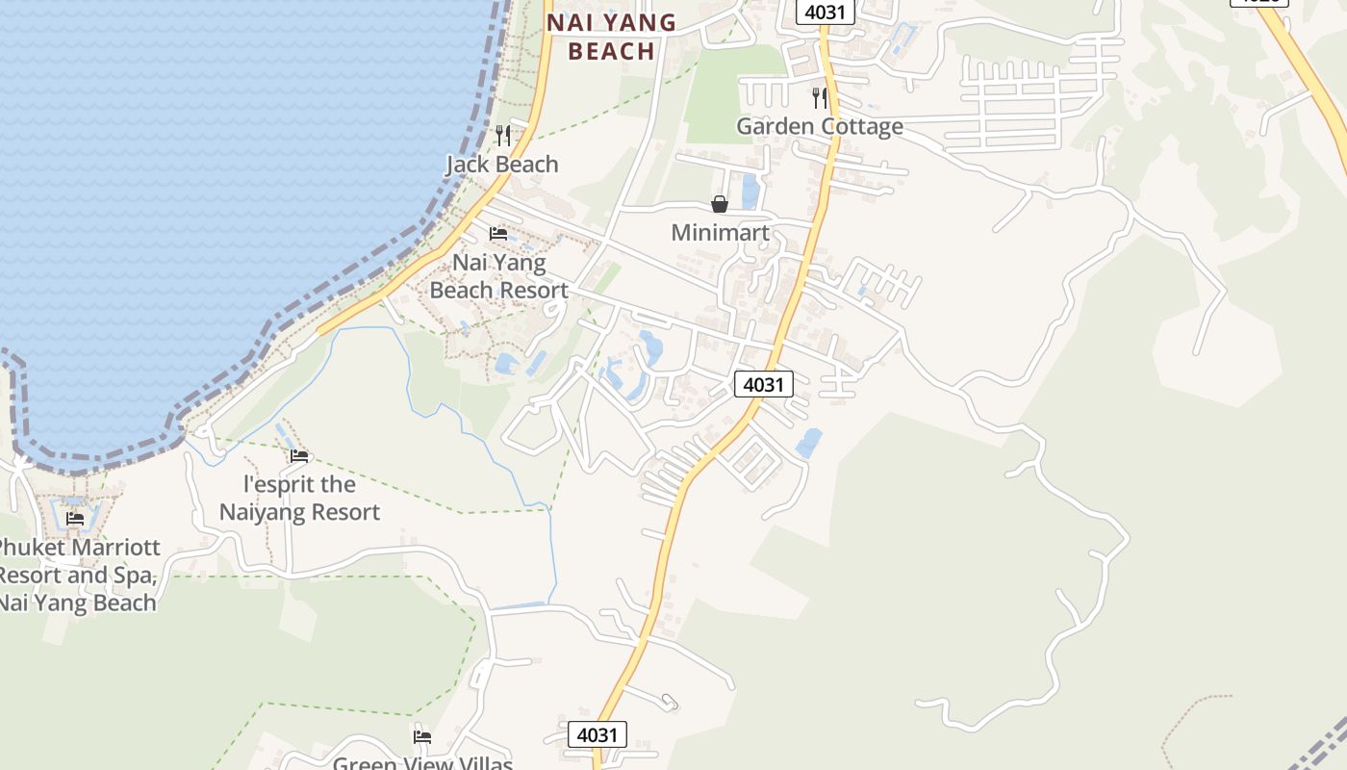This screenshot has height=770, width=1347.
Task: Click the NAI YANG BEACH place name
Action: point(611,36)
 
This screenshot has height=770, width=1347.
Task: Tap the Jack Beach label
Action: point(501,165)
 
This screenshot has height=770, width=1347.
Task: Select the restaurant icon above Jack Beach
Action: point(502,136)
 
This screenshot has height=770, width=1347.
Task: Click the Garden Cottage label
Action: point(820,126)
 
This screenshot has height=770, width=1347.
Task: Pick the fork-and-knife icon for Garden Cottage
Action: point(820,97)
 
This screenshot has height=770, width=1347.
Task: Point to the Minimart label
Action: point(720,233)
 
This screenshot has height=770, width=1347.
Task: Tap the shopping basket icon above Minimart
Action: point(720,204)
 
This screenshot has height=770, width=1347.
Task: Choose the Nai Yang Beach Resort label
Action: point(498,276)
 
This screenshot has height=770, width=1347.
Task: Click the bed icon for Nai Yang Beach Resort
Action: point(498,234)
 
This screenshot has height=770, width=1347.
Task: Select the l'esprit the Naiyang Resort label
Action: point(299,498)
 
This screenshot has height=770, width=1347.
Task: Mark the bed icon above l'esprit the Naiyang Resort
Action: point(299,455)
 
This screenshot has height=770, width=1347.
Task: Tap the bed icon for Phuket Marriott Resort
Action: point(75,519)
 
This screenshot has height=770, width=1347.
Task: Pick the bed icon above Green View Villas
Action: point(422,737)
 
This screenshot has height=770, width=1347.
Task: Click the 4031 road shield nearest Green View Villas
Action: point(597,735)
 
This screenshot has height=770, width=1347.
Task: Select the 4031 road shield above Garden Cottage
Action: point(826,13)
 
